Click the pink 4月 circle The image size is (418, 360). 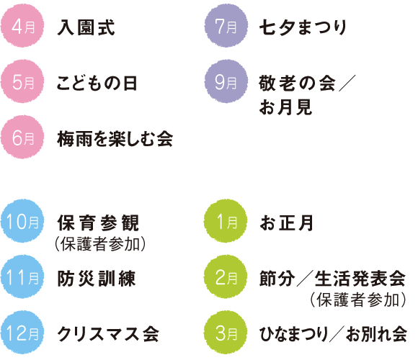click(22, 26)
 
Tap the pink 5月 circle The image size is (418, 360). click(22, 81)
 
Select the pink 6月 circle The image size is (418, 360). click(22, 137)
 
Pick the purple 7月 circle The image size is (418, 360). click(226, 26)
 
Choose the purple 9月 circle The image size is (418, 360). click(226, 81)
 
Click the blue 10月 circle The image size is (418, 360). click(22, 221)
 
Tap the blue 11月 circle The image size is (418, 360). click(22, 276)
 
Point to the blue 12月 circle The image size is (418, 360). click(22, 333)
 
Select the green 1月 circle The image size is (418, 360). click(226, 221)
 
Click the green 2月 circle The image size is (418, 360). click(226, 276)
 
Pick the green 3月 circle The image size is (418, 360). click(226, 333)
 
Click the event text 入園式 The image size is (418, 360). click(86, 27)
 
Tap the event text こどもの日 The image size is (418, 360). click(97, 83)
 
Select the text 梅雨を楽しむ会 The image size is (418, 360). click(115, 139)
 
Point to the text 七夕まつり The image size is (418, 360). click(303, 27)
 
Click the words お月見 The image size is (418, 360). click(285, 107)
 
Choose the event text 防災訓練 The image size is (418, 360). click(97, 279)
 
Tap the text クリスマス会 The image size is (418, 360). click(108, 334)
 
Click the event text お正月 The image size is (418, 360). click(286, 223)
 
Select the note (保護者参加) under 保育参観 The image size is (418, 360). click(100, 244)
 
